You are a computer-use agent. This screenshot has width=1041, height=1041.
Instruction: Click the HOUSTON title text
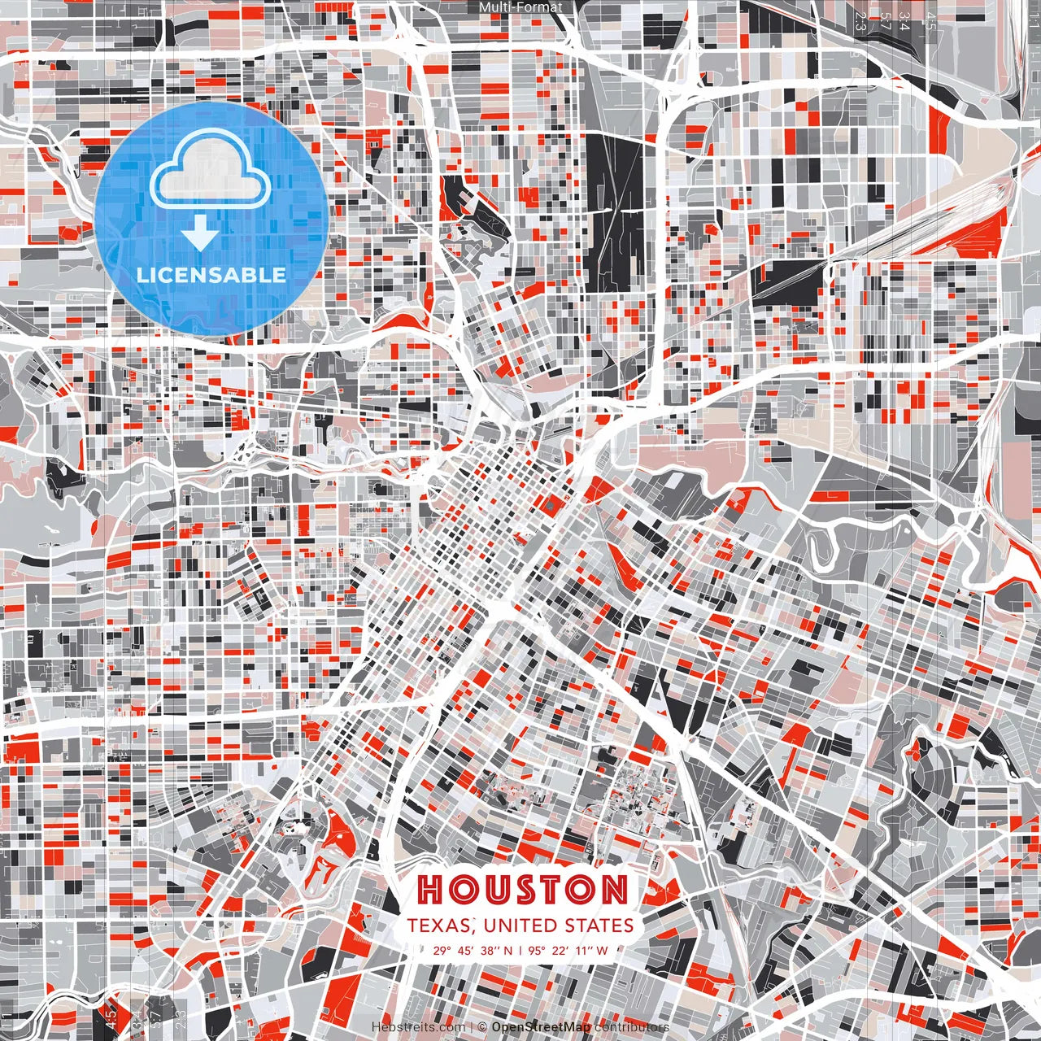(x=522, y=890)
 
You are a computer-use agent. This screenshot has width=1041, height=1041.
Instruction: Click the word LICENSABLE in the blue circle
(x=211, y=275)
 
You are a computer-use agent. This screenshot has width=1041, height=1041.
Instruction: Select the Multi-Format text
(x=520, y=7)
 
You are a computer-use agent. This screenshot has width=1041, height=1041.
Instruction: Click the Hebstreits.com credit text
(x=419, y=1026)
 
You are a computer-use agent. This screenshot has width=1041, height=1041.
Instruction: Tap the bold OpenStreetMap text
(x=541, y=1026)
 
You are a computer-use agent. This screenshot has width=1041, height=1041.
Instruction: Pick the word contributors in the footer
(x=632, y=1026)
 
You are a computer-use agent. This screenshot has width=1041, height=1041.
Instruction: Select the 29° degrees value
(x=442, y=950)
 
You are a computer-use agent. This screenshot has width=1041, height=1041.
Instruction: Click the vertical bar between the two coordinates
(x=520, y=950)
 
